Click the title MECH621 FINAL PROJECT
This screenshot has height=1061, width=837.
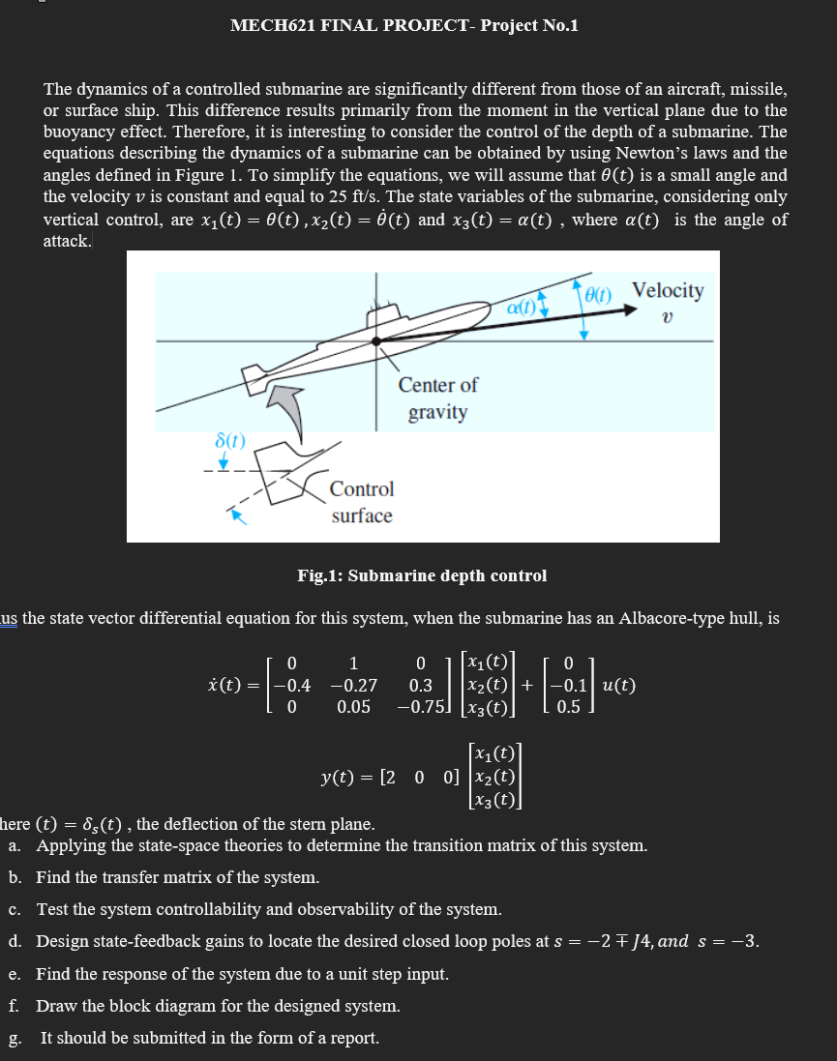[404, 25]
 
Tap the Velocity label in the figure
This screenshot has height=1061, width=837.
[668, 289]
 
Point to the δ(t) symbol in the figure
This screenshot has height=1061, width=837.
[229, 442]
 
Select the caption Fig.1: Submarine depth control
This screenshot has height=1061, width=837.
[422, 575]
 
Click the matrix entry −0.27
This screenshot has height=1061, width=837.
[353, 686]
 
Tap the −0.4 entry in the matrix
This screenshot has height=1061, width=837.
[292, 686]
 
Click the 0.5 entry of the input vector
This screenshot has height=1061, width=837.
[569, 707]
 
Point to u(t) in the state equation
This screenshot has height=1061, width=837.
[618, 686]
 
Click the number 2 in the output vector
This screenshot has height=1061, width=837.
[387, 776]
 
